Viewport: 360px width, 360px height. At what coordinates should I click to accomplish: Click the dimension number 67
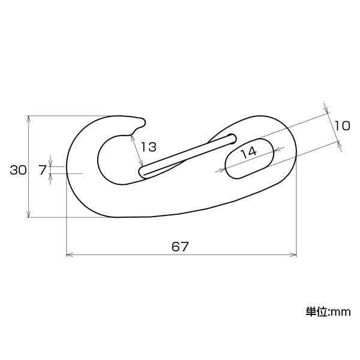point(180,247)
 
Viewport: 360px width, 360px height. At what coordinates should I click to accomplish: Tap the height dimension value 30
point(18,170)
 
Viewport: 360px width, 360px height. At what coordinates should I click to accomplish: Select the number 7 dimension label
point(43,170)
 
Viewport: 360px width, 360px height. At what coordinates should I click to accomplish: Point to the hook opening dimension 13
point(148,147)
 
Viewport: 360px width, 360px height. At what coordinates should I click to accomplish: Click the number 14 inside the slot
point(249,152)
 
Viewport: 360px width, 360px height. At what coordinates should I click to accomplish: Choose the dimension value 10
point(342,126)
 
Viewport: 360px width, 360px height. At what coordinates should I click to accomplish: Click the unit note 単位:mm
point(328,312)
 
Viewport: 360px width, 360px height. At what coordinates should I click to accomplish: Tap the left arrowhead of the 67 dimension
point(69,254)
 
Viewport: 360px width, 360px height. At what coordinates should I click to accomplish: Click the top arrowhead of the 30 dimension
point(28,118)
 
